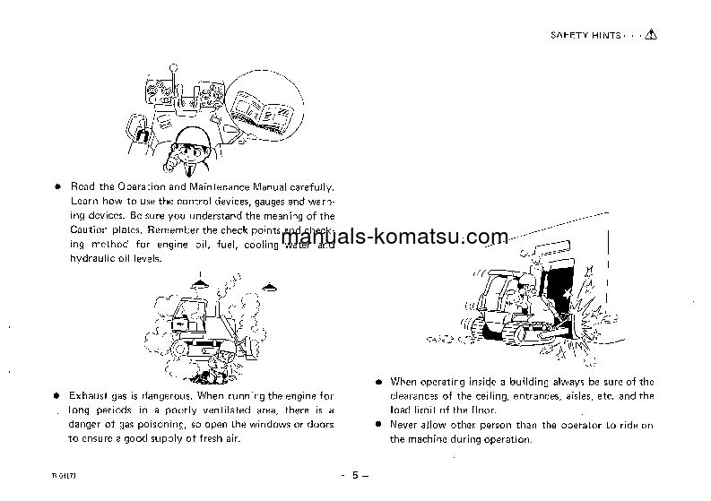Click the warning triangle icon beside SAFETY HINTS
click(650, 35)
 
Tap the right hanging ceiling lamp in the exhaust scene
click(268, 285)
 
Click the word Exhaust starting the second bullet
click(91, 395)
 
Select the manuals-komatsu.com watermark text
click(395, 238)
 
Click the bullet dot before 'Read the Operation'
click(56, 186)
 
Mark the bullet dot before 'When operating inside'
click(379, 382)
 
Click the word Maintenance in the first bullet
click(217, 186)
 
